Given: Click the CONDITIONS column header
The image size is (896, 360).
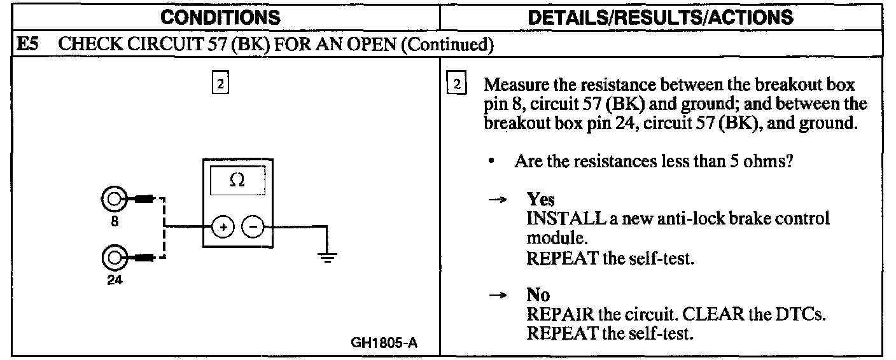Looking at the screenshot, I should click(x=220, y=17).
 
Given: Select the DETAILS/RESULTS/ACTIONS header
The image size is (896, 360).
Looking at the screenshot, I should click(x=661, y=17).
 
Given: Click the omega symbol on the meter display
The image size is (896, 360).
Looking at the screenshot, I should click(x=237, y=181).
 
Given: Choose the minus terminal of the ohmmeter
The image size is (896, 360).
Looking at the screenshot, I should click(x=252, y=226).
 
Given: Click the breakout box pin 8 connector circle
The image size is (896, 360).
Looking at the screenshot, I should click(x=115, y=199).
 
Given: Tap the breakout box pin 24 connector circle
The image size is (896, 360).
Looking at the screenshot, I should click(x=115, y=258).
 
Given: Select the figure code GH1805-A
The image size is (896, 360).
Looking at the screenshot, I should click(x=384, y=343).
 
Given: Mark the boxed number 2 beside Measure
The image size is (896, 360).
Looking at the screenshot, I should click(x=456, y=85).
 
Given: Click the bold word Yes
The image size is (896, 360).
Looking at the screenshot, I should click(x=540, y=200).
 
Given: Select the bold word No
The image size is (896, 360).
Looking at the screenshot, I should click(x=538, y=295).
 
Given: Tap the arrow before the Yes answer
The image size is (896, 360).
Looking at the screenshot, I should click(x=502, y=200).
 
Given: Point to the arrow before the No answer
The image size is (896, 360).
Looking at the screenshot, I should click(x=502, y=295).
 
